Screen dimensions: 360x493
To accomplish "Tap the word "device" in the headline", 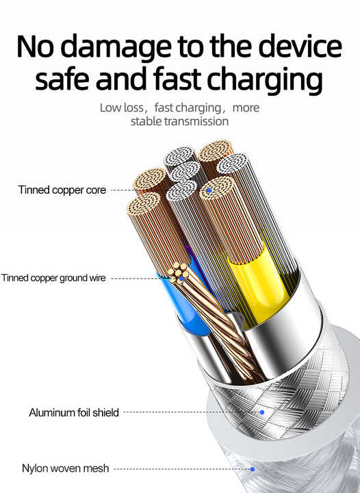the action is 300,47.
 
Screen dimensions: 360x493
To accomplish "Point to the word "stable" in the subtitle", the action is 146,121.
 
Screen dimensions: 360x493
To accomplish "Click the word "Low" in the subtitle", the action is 111,108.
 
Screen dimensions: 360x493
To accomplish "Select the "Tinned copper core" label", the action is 62,190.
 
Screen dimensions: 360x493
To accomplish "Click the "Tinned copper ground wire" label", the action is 53,278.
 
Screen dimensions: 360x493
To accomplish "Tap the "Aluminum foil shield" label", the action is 74,412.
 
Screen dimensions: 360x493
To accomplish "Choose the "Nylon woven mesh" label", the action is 65,468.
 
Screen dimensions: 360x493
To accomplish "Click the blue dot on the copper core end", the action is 209,190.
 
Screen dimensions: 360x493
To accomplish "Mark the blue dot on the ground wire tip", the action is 181,279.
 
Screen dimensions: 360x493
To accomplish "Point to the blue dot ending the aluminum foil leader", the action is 262,412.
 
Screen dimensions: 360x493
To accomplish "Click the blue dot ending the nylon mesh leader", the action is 253,469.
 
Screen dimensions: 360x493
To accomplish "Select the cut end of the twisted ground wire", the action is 179,273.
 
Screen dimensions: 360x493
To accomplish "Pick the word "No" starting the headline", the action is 35,47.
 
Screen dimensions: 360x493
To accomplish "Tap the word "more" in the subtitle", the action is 246,108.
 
